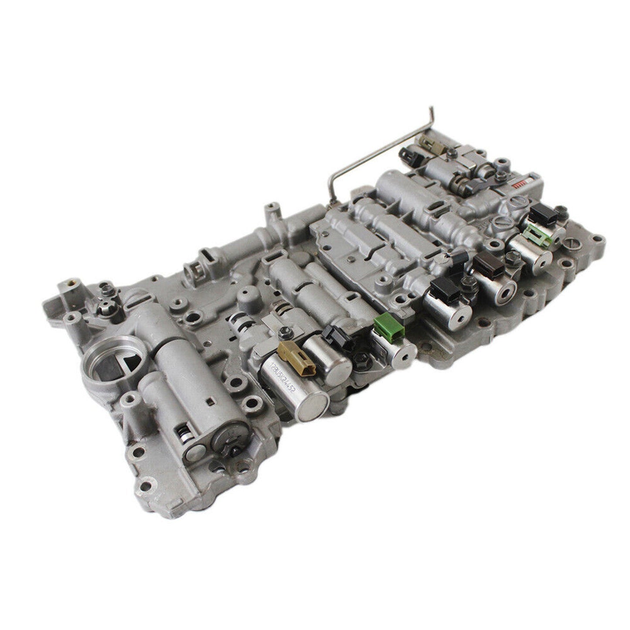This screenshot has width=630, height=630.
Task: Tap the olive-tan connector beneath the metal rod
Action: pos(426,143)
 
